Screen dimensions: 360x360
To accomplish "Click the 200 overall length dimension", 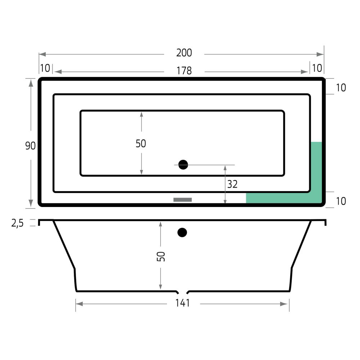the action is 184,53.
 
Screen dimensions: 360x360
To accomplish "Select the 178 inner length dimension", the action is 184,71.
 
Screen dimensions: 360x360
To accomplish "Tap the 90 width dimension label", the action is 30,146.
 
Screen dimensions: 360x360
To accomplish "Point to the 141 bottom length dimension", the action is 183,303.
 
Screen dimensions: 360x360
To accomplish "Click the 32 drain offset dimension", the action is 232,184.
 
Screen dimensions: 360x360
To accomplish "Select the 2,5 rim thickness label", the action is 17,223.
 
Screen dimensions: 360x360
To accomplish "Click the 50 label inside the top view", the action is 141,144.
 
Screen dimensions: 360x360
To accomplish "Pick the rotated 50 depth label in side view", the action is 161,256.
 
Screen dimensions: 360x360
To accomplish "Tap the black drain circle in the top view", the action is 183,165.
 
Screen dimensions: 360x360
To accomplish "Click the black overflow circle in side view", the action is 182,232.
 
